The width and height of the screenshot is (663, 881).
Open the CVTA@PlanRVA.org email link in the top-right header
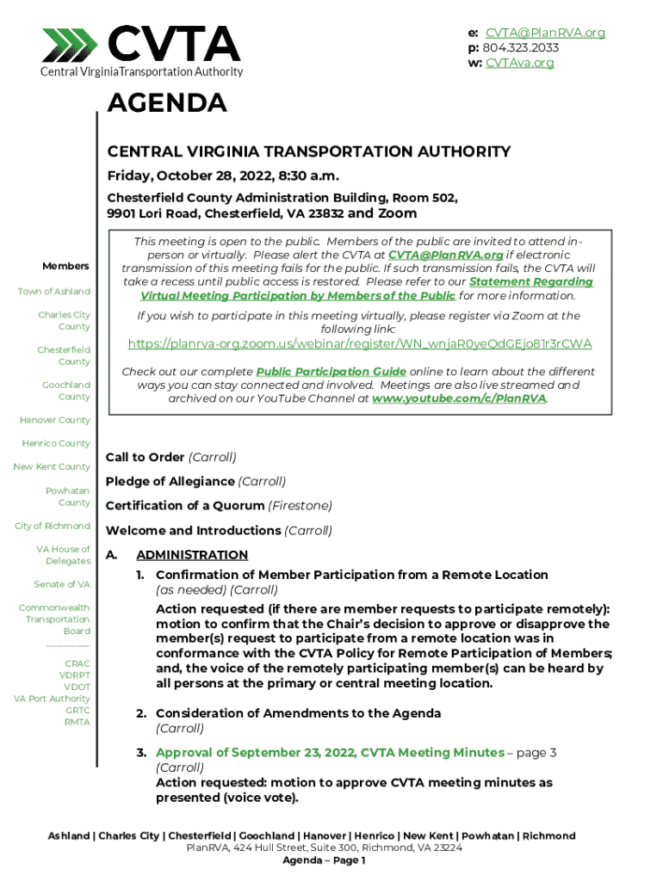tap(545, 33)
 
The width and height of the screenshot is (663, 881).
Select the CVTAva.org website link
tap(520, 63)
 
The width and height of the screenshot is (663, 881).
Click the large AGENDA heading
tap(166, 104)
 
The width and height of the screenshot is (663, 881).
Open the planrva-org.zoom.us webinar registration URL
tap(359, 344)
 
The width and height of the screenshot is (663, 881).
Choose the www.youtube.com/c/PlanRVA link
tap(459, 399)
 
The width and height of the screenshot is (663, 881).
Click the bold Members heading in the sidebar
tap(66, 266)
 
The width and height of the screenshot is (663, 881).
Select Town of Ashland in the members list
tap(53, 292)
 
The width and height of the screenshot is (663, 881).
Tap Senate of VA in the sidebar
tap(61, 584)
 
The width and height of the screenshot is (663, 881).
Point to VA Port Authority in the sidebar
tap(52, 699)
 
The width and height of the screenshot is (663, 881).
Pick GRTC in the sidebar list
tap(77, 711)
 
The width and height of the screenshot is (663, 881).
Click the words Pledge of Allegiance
tap(170, 482)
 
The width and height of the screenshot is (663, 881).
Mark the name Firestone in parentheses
tap(300, 506)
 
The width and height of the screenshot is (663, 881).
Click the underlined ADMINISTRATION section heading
tap(192, 555)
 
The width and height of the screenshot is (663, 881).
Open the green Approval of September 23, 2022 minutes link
tap(330, 753)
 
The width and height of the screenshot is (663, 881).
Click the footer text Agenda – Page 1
tap(325, 860)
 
